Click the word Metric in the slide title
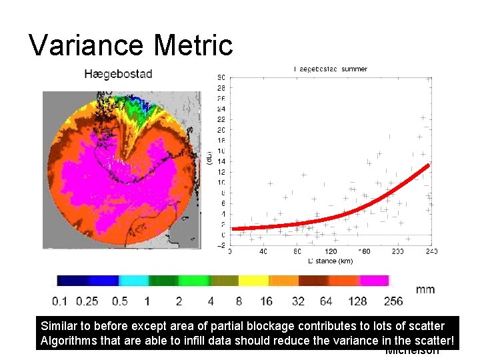193,45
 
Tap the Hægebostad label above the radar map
118,73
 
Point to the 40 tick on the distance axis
263,252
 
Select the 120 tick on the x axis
330,252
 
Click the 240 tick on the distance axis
431,252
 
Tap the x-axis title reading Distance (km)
330,261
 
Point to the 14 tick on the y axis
221,161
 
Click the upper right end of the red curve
427,165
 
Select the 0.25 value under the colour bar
87,301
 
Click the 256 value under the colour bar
393,301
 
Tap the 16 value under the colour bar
266,301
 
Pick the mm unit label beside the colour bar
425,289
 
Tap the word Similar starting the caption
58,327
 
